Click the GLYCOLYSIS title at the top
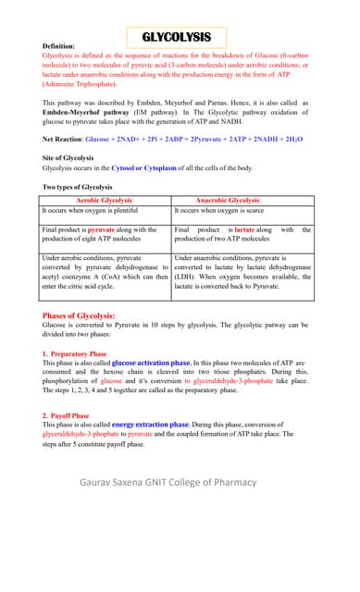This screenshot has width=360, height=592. pyautogui.click(x=183, y=37)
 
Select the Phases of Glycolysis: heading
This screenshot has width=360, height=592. pyautogui.click(x=79, y=316)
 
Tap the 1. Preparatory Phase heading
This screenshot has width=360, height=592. pyautogui.click(x=75, y=354)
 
